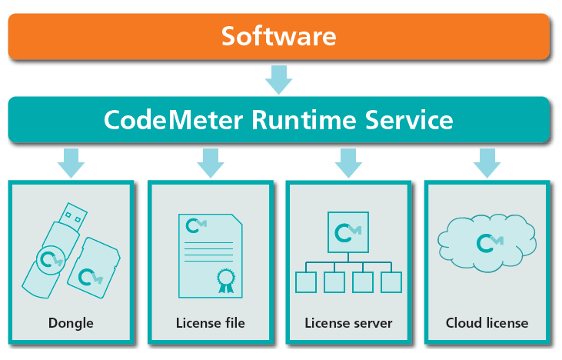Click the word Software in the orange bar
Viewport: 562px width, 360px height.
(279, 36)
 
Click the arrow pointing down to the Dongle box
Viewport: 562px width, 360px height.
(71, 162)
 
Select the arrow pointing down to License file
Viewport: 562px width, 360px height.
(210, 162)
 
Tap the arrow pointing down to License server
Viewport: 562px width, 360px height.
(349, 162)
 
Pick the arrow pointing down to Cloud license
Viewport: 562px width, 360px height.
(487, 162)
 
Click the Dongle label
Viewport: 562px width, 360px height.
(71, 323)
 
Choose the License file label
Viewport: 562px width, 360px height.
(210, 323)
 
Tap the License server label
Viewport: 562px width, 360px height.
(348, 323)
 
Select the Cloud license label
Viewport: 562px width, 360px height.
(487, 323)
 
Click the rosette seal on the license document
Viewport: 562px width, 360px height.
(224, 278)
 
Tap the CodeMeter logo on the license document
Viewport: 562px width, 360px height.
(197, 225)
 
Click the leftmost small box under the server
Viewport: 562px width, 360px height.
(306, 282)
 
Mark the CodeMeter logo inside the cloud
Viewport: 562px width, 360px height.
(487, 243)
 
